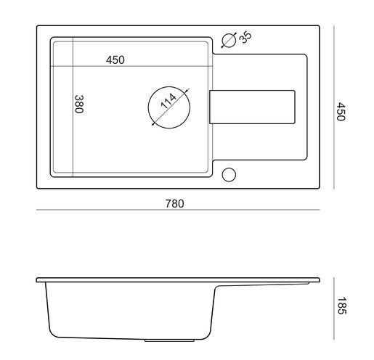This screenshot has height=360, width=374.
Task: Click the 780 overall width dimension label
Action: point(175,204)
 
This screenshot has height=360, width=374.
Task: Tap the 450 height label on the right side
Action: point(341,111)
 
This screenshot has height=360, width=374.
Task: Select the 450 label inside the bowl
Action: point(115,60)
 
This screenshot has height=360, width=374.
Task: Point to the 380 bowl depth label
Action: point(79,104)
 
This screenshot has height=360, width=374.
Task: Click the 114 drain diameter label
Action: point(168,101)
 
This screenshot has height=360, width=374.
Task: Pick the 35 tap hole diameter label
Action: point(245,37)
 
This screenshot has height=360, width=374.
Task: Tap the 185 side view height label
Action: point(341,306)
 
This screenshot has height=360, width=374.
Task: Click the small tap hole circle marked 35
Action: point(229,33)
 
